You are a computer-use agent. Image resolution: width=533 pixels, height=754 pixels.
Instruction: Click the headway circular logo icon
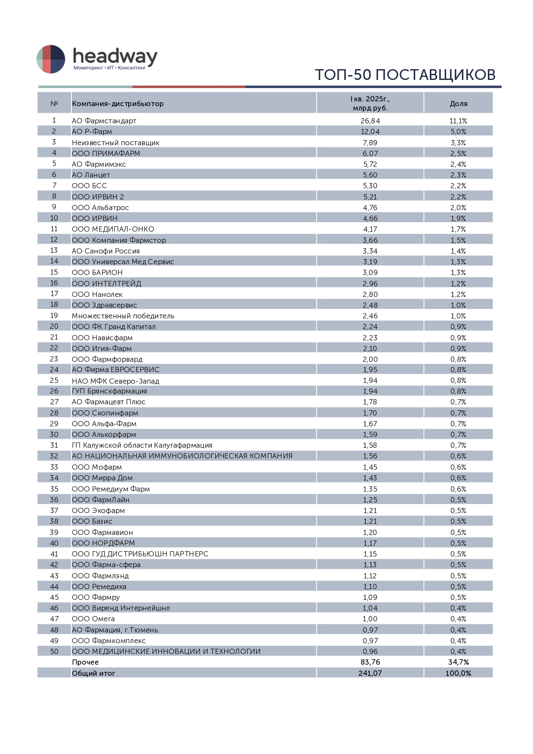coord(51,59)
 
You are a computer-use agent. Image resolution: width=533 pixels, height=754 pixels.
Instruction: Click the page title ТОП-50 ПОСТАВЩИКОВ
coord(405,75)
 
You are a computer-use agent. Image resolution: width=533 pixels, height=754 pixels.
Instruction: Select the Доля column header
coord(458,104)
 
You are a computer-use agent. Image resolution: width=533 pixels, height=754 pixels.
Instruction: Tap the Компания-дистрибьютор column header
coord(118,104)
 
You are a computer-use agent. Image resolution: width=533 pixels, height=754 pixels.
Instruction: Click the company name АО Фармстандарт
coord(104,121)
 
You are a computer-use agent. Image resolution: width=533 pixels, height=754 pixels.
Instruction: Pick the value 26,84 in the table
coord(370,121)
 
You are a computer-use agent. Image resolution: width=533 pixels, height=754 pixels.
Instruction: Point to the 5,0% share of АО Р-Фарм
coord(458,131)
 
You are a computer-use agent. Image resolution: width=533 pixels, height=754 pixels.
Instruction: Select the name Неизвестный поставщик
coord(115,143)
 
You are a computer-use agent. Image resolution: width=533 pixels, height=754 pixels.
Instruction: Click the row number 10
coord(54,218)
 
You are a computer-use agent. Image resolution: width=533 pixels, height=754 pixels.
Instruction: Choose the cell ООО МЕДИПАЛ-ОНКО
coord(113,229)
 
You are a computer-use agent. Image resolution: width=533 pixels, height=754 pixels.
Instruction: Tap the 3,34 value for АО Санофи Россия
coord(370,251)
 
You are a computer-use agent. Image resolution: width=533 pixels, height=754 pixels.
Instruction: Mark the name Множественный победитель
coord(123,316)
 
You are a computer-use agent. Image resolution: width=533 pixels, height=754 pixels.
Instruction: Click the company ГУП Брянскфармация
coord(109,391)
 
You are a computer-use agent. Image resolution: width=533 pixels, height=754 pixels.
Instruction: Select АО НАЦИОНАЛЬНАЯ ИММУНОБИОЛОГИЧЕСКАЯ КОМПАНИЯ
coord(182,456)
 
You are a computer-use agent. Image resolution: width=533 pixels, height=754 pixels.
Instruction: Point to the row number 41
coord(54,554)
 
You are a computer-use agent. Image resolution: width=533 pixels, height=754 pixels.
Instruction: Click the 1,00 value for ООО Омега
coord(370,619)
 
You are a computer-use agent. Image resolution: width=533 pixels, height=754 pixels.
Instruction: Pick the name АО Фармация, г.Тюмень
coord(115,630)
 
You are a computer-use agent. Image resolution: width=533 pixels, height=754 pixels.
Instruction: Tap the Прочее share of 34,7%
coord(458,662)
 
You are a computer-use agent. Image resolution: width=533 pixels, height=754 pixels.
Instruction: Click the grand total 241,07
coord(370,673)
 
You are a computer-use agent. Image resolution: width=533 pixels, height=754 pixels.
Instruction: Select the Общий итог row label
coord(93,673)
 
